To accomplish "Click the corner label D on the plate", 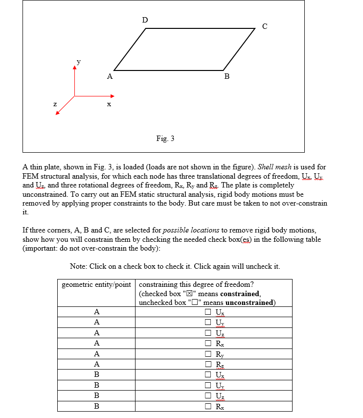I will (x=144, y=20).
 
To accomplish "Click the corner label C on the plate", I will (x=265, y=26).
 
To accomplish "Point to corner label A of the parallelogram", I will (x=110, y=77).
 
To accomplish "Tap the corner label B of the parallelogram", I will (x=227, y=77).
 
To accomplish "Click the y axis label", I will (x=78, y=62).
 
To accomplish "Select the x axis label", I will (x=109, y=104).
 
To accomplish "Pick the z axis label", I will (x=55, y=104).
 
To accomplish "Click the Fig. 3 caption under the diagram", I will (x=165, y=139).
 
